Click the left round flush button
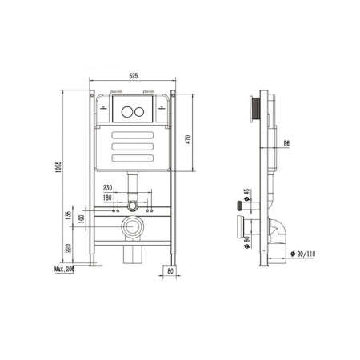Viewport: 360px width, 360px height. tap(125, 110)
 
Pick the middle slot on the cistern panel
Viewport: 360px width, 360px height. tap(132, 147)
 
